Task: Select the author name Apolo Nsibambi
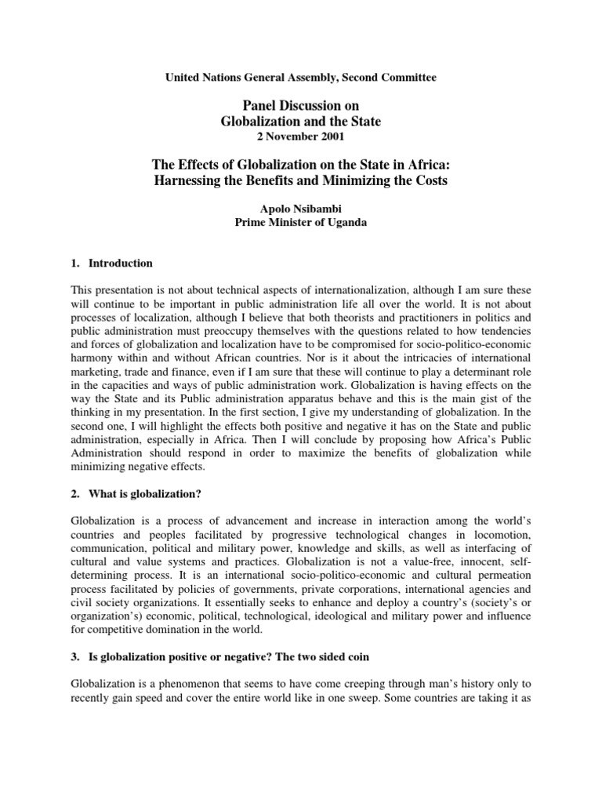tap(300, 210)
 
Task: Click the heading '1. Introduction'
tap(112, 263)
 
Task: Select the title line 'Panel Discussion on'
tap(300, 107)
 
